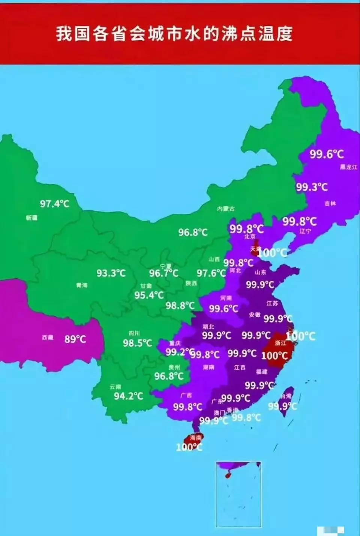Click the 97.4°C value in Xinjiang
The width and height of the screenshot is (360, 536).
(55, 204)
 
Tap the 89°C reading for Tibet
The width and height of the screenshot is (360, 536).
(75, 339)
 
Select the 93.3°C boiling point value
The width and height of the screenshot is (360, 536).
(111, 273)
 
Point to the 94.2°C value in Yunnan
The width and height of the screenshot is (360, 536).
(129, 396)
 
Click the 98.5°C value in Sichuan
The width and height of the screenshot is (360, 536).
(137, 343)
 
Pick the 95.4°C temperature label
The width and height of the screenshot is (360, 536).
(149, 295)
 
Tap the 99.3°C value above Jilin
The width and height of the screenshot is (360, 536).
(312, 187)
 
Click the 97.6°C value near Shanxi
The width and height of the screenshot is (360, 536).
(211, 273)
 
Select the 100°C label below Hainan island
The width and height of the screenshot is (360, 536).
(189, 447)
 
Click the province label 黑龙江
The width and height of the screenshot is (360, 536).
(348, 167)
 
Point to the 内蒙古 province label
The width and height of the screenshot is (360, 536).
(226, 209)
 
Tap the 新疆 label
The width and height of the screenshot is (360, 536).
(32, 218)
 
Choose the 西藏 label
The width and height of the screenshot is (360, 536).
(48, 338)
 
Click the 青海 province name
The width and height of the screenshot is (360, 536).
(82, 285)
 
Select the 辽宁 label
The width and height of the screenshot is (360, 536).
(305, 231)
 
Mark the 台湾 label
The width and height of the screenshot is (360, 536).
(286, 396)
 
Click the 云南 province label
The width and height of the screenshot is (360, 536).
(115, 387)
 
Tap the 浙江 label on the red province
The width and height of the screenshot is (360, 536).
(280, 343)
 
